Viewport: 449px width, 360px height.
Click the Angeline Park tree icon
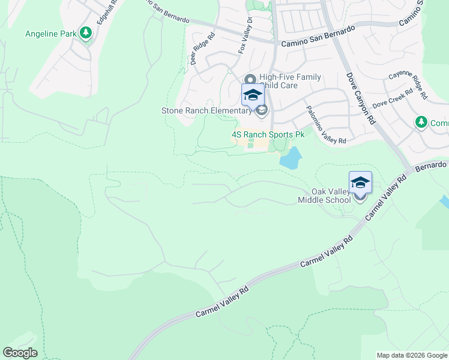tap(86, 34)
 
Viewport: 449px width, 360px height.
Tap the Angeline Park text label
tap(50, 34)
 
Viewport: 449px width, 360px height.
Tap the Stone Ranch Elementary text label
tap(206, 110)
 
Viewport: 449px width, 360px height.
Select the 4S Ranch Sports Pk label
tap(268, 135)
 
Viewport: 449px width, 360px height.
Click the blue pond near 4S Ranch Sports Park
tap(290, 159)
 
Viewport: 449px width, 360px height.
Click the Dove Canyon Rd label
tap(361, 98)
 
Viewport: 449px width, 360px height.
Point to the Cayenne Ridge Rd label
tap(408, 85)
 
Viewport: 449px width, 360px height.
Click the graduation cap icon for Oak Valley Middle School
tap(360, 182)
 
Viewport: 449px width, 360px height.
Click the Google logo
tap(20, 353)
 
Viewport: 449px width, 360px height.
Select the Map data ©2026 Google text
tap(412, 355)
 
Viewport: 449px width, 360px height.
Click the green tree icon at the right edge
tap(421, 123)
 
